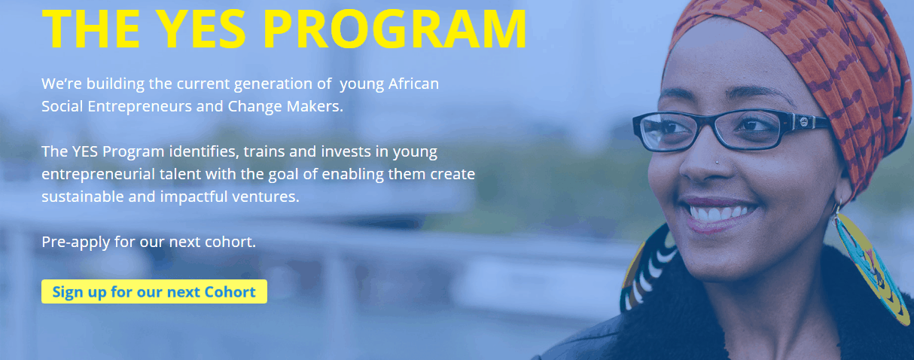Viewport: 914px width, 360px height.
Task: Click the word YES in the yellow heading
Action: click(201, 29)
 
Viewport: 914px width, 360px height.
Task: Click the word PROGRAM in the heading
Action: click(395, 29)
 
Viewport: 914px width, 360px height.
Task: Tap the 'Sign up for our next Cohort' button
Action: click(154, 291)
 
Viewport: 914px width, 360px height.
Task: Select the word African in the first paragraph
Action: click(413, 84)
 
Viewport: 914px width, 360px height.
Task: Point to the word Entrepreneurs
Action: click(140, 107)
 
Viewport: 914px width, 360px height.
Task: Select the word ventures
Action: click(266, 197)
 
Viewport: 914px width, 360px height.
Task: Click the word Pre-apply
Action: click(76, 243)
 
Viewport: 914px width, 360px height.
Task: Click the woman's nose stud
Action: click(717, 163)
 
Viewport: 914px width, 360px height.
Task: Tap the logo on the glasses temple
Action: click(803, 122)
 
